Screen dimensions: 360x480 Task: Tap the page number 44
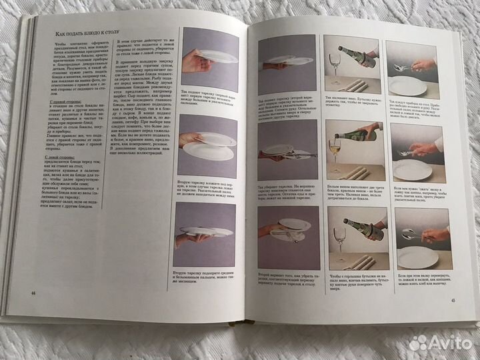(32, 291)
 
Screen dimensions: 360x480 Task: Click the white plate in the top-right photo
(409, 83)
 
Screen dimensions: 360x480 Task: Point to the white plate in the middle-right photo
(413, 167)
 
